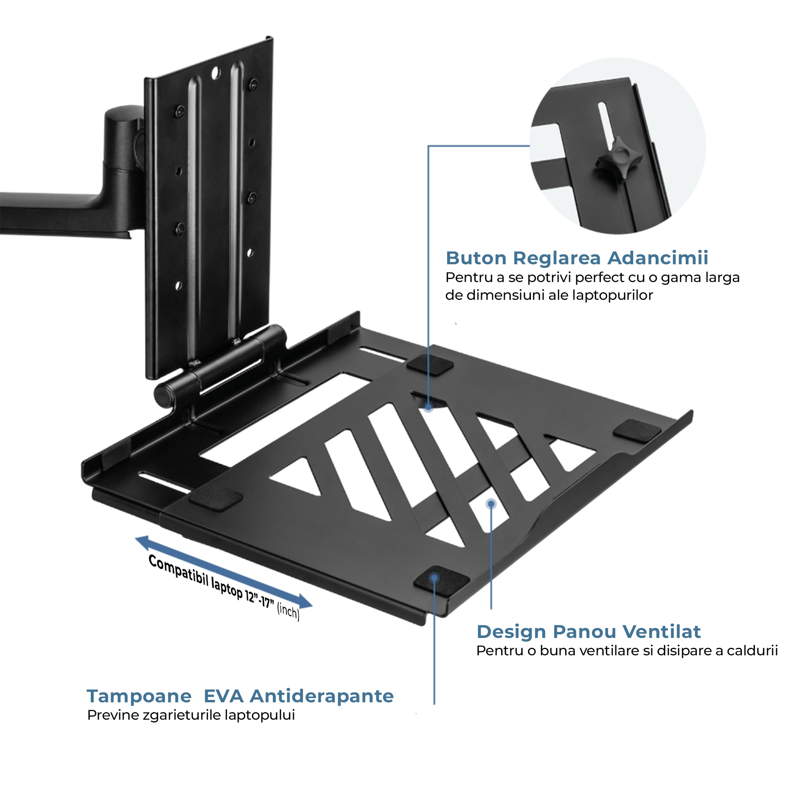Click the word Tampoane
[x=139, y=696]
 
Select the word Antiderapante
[x=322, y=696]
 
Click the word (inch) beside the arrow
[x=288, y=611]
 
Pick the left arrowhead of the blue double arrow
[x=143, y=542]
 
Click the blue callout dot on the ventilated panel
[x=491, y=504]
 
